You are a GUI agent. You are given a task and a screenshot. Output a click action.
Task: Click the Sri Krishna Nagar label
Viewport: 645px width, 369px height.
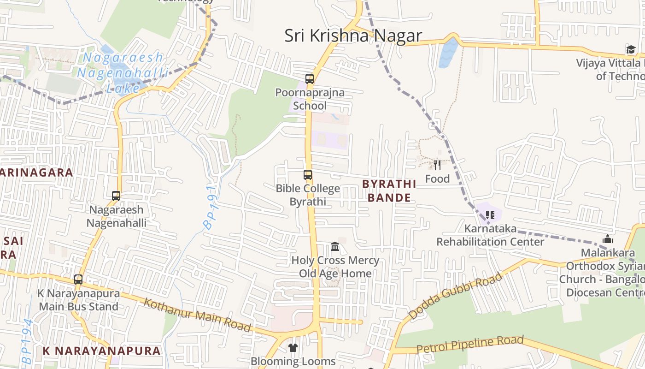point(353,36)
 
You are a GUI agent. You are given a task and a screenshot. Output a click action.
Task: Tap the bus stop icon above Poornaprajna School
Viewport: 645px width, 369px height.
point(310,78)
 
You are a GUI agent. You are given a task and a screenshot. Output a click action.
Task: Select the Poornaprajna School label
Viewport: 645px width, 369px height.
point(310,99)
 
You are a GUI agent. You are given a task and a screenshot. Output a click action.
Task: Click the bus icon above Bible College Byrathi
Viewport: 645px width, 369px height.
point(308,175)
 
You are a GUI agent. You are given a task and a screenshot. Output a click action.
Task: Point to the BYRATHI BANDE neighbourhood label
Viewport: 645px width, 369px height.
point(389,191)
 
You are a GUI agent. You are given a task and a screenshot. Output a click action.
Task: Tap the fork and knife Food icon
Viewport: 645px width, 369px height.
point(437,165)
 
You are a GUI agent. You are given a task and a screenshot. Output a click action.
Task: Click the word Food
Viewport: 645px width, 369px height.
point(437,179)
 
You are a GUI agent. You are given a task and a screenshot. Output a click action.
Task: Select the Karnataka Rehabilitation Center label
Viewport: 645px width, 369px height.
point(490,235)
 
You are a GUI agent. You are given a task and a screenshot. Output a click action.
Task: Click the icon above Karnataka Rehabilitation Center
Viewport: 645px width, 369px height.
point(490,214)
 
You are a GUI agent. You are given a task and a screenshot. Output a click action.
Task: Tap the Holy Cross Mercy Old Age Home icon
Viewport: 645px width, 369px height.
point(335,247)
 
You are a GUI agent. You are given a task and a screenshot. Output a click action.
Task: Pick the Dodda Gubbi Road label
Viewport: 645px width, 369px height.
point(455,296)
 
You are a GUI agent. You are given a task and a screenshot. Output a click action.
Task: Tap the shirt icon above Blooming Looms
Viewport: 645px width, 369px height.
point(293,347)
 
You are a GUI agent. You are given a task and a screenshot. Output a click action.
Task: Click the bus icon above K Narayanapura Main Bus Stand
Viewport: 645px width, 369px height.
point(78,279)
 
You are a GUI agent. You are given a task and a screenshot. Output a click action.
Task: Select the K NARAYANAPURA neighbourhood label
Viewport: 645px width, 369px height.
point(102,351)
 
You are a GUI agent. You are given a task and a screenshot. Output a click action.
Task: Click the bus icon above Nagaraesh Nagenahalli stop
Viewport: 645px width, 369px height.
point(116,196)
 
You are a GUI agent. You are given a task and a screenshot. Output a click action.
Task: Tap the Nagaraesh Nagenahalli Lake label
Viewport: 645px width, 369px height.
point(120,72)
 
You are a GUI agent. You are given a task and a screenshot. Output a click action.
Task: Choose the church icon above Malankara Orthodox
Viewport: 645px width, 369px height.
point(608,239)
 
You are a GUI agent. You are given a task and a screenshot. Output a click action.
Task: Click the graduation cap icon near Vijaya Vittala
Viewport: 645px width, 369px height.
point(630,49)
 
